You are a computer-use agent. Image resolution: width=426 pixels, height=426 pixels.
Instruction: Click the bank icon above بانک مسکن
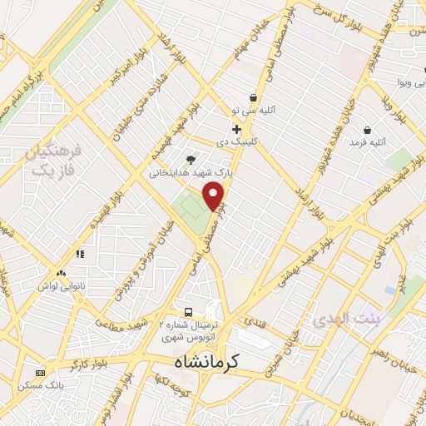point(39,373)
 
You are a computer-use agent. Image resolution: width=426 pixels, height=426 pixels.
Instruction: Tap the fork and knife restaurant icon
point(81,254)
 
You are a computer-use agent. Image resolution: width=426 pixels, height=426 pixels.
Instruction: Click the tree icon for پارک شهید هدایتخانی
point(191,159)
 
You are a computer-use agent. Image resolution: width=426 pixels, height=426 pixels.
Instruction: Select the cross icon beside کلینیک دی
point(237,129)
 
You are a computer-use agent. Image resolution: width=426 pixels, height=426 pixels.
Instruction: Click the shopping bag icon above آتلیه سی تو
point(253,98)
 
